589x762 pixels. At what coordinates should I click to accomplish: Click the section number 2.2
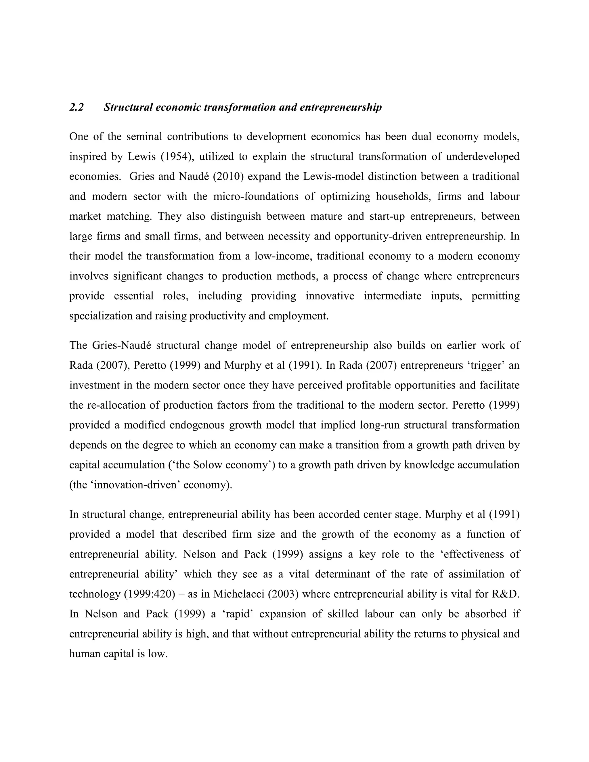pyautogui.click(x=77, y=108)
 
